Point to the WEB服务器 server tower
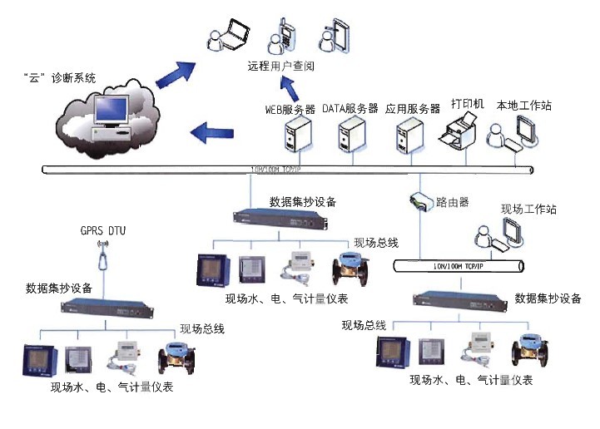pos(295,136)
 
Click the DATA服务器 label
pos(350,108)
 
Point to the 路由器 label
pos(454,201)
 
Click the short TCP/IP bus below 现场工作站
pos(458,266)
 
